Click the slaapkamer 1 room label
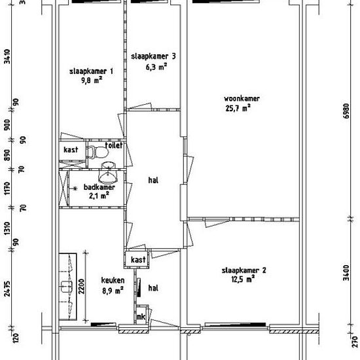click(x=92, y=71)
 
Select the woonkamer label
click(x=237, y=99)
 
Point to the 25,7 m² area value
click(x=237, y=109)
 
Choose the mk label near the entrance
click(x=140, y=317)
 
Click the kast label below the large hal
click(x=137, y=261)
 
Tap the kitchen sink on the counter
click(x=66, y=287)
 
